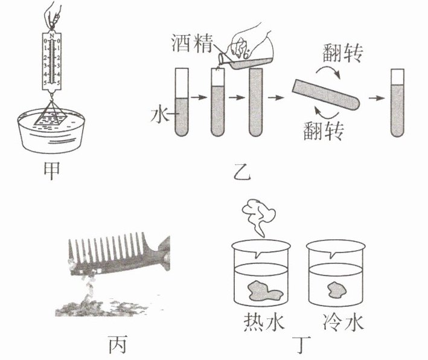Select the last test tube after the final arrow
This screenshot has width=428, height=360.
397,103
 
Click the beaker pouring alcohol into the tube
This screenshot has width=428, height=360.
248,54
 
